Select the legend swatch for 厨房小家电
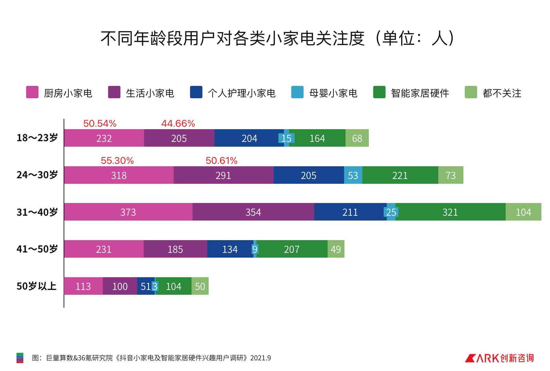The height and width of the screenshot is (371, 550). coord(32,92)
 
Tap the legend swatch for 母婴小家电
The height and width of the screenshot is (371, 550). coord(297,92)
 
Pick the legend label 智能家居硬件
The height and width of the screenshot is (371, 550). coord(420,93)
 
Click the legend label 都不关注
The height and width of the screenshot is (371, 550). coord(502,93)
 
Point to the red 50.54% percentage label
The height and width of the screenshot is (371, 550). coord(100,124)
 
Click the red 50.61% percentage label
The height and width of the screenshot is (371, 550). coord(221,161)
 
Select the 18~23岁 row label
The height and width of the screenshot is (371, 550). coord(37,138)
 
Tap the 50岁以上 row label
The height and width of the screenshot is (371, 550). coord(36,286)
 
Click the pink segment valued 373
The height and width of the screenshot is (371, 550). coord(128,212)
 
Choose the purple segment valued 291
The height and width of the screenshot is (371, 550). coord(223,175)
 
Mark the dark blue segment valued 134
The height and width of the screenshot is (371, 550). coord(230,249)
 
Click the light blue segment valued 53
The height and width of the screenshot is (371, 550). coord(353,175)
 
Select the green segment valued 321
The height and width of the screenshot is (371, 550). coord(450,212)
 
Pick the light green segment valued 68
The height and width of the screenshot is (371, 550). coord(357,138)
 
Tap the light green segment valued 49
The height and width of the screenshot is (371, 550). coord(336,249)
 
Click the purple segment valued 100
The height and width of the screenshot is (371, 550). coord(120,286)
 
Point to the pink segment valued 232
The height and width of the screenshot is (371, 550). coord(104,138)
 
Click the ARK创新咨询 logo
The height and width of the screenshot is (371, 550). coord(499,358)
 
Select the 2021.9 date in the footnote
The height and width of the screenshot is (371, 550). coord(261,358)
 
